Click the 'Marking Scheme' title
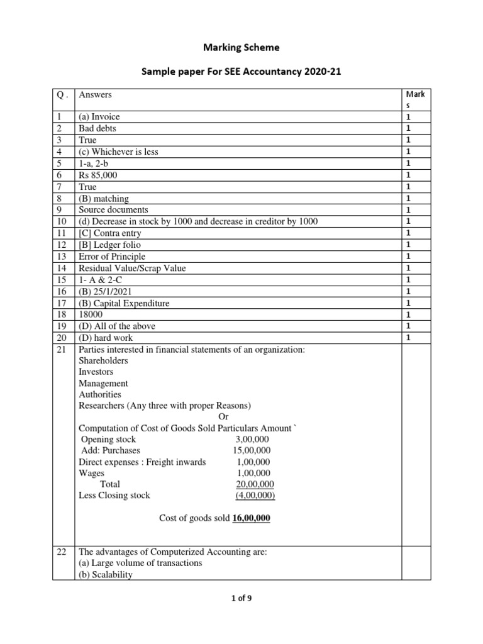click(x=241, y=47)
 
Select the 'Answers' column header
click(x=95, y=94)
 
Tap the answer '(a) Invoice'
click(x=99, y=117)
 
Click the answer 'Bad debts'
click(x=97, y=128)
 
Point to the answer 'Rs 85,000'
click(x=97, y=175)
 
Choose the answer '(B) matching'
click(x=104, y=199)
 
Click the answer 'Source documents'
click(x=113, y=210)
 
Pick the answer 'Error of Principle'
click(x=112, y=257)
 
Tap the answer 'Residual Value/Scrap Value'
click(x=132, y=269)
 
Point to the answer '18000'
click(x=91, y=315)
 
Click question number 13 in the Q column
click(x=58, y=257)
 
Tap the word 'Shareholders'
click(x=103, y=361)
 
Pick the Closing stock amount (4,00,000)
click(x=255, y=496)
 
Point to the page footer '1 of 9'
click(x=241, y=599)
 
